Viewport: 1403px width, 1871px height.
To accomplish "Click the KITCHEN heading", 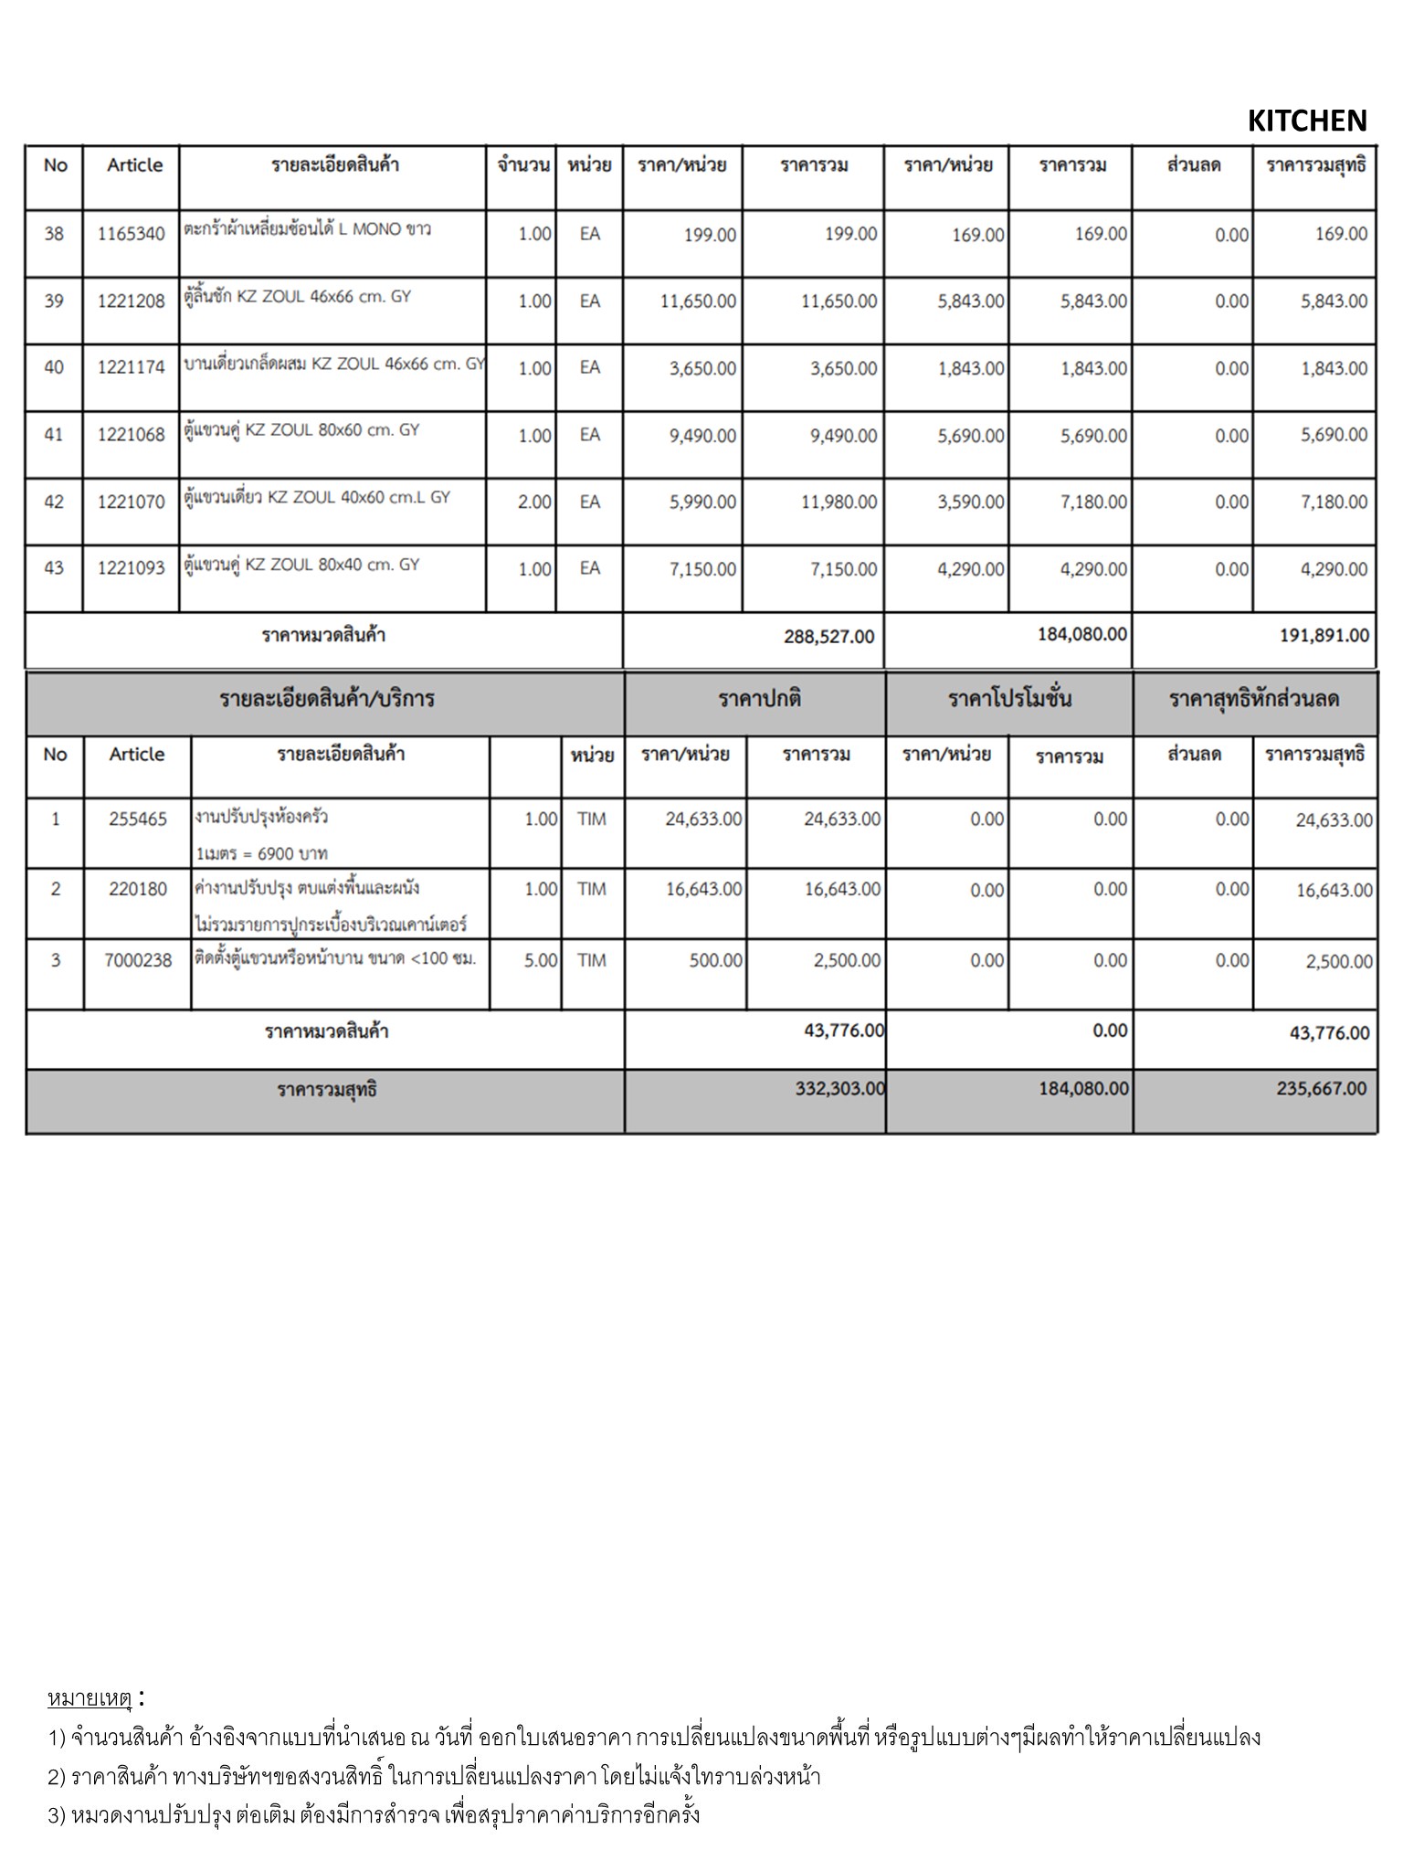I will click(x=1306, y=121).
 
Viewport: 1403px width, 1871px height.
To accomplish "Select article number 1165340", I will click(x=131, y=234).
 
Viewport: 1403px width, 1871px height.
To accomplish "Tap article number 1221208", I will click(x=131, y=301).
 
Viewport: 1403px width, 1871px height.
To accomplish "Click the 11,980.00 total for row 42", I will click(x=839, y=502).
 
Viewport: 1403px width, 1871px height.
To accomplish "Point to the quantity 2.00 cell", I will click(x=534, y=502).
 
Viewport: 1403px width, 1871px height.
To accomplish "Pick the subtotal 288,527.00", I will click(x=828, y=636).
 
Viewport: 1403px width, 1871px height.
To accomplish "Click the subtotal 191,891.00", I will click(x=1324, y=635).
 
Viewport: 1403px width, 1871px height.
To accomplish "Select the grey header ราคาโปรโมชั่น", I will click(x=1009, y=700).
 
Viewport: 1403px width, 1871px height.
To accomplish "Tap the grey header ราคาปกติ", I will click(x=759, y=700).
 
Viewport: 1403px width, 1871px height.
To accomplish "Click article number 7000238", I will click(x=138, y=960).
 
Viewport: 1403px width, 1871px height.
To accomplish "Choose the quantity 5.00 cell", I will click(x=541, y=960).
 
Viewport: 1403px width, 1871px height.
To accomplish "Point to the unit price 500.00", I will click(x=715, y=960).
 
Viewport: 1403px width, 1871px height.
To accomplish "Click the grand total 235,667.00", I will click(x=1322, y=1088).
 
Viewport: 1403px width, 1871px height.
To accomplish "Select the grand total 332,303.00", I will click(x=839, y=1088).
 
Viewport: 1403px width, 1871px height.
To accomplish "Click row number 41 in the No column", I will click(x=54, y=435).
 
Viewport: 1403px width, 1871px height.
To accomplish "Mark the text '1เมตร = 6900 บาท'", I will click(x=261, y=853).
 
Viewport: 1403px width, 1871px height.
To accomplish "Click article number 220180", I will click(x=138, y=889).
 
